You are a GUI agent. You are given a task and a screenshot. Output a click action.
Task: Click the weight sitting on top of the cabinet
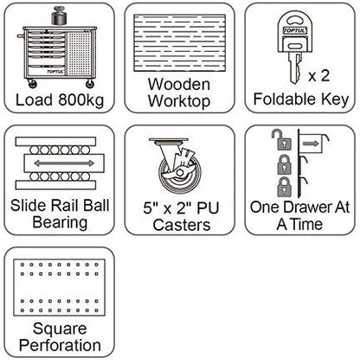[59, 16]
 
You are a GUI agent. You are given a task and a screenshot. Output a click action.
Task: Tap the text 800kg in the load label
[81, 100]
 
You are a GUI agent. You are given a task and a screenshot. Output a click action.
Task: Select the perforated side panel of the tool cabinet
[79, 54]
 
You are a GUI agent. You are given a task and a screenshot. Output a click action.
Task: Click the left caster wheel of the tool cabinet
[32, 84]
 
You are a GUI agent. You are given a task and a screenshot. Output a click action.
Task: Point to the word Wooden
[179, 85]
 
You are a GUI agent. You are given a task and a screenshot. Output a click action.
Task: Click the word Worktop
[179, 101]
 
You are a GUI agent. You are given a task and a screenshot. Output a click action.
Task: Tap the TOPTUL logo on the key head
[295, 30]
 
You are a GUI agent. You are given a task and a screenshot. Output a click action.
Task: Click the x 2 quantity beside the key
[318, 76]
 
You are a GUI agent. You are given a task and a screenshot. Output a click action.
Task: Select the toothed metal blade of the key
[295, 68]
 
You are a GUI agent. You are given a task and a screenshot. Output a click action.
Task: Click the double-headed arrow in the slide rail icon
[64, 163]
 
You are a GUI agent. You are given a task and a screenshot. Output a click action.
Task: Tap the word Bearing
[60, 222]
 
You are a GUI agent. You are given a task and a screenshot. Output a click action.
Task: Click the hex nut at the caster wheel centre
[180, 173]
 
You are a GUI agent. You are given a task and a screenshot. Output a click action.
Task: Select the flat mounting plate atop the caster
[169, 140]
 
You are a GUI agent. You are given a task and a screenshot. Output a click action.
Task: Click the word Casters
[182, 225]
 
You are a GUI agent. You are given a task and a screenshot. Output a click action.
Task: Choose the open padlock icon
[281, 139]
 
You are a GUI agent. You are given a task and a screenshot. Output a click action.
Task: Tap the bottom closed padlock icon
[284, 187]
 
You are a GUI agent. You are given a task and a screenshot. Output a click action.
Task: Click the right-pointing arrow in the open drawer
[311, 144]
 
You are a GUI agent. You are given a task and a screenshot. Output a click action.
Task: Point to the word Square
[60, 329]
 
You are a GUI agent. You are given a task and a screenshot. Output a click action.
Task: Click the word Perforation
[60, 345]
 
